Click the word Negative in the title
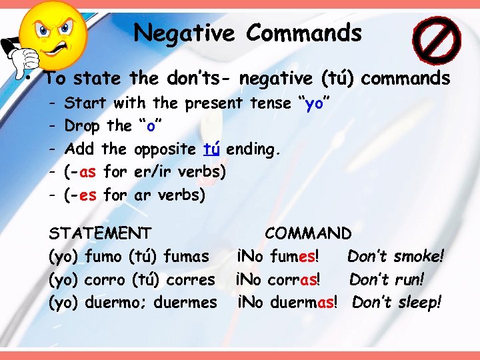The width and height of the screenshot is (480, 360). click(x=183, y=33)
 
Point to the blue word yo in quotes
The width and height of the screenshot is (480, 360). click(x=315, y=103)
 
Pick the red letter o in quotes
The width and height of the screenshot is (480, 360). click(x=150, y=125)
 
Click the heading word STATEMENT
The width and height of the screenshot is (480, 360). click(x=101, y=233)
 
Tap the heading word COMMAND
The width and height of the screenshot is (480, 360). click(x=308, y=233)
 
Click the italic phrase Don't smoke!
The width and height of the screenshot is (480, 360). click(x=396, y=256)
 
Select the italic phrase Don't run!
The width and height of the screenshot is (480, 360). click(x=387, y=279)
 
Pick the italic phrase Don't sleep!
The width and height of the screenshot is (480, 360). click(x=397, y=303)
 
